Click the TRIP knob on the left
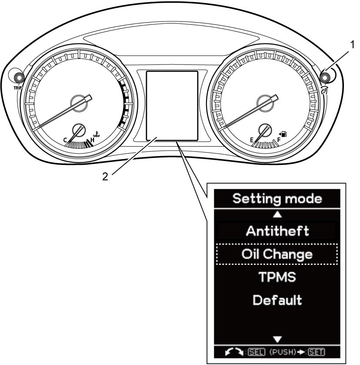tap(19, 77)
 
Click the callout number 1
tap(352, 45)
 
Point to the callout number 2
tap(105, 177)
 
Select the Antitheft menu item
tap(277, 231)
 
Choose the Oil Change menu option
tap(277, 254)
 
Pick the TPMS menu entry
tap(277, 277)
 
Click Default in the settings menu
tap(277, 300)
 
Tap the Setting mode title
tap(277, 199)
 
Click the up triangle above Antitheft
tap(277, 214)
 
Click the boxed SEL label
tap(256, 352)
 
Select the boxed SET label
tap(317, 352)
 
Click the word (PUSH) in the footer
tap(282, 352)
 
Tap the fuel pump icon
tap(284, 134)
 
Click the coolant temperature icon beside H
tap(97, 134)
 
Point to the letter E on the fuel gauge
tap(252, 140)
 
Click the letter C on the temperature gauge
tap(65, 140)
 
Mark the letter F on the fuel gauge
tap(279, 140)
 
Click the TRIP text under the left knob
tap(18, 88)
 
